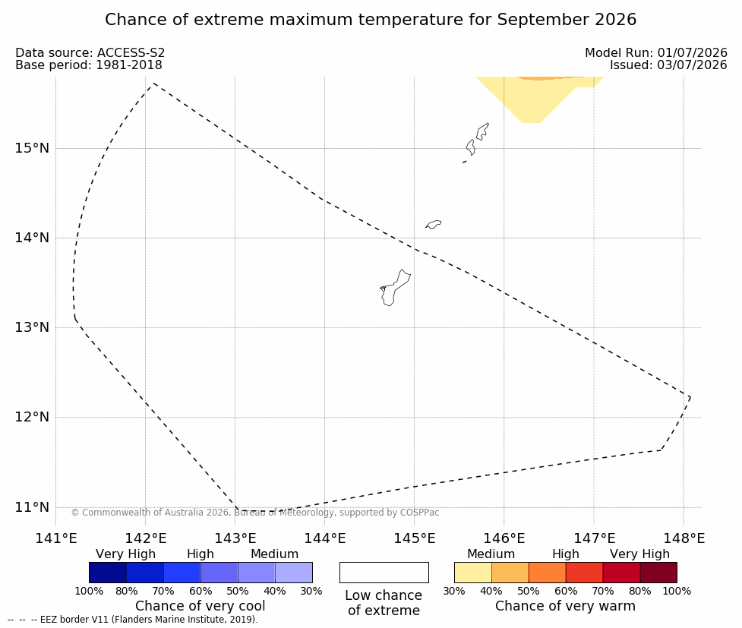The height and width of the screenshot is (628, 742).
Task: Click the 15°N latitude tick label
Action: (32, 148)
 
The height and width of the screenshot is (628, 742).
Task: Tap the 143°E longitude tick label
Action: (235, 538)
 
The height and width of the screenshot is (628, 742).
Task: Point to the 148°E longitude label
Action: (684, 538)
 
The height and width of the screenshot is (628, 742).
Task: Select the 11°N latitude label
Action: (32, 507)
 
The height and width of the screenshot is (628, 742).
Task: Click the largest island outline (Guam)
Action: (395, 288)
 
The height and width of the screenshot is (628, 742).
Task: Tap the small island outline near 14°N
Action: (434, 224)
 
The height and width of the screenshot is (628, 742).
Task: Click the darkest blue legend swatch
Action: (108, 573)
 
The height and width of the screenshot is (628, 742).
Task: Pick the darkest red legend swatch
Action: (658, 573)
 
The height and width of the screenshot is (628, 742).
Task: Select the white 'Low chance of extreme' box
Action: (384, 573)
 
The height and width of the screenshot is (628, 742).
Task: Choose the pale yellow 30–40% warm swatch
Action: (472, 573)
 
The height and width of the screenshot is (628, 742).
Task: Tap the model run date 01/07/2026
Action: (693, 53)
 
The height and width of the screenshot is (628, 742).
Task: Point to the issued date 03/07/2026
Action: (693, 65)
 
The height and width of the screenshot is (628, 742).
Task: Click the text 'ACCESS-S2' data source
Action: (131, 53)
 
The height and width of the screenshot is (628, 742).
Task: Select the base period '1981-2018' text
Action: (129, 65)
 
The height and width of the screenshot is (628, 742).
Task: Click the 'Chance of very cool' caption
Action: (200, 606)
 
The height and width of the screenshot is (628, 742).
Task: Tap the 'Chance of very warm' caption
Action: (566, 606)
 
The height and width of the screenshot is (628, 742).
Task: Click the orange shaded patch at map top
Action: (551, 78)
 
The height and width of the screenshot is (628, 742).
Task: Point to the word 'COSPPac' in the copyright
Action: (420, 513)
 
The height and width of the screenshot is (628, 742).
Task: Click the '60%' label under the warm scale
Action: (566, 591)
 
